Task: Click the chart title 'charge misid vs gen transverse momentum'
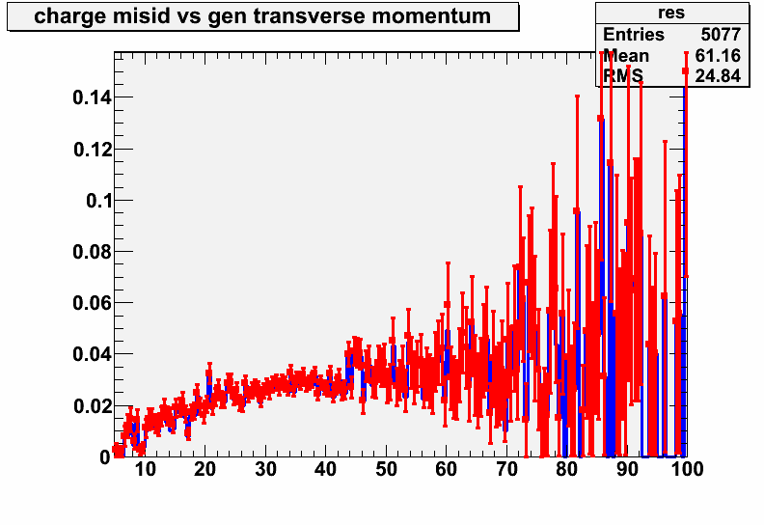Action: tap(262, 16)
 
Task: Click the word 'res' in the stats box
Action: tap(671, 13)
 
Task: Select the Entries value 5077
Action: tap(721, 35)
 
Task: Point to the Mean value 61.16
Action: tap(718, 56)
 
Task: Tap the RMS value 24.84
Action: tap(718, 76)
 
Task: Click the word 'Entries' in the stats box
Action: tap(634, 35)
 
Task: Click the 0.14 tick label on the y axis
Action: tap(93, 98)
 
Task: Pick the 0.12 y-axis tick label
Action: tap(93, 150)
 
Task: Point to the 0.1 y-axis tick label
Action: tap(99, 201)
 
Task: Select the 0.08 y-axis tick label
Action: tap(93, 252)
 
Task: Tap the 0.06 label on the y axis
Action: tap(93, 303)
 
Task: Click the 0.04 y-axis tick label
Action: tap(93, 354)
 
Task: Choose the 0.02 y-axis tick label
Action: tap(93, 406)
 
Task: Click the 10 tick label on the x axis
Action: tap(145, 469)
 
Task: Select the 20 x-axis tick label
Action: tap(205, 469)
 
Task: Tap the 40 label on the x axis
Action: tap(325, 469)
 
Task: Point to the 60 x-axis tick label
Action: tap(446, 469)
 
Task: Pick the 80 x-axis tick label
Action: tap(566, 469)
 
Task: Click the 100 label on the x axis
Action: tap(687, 469)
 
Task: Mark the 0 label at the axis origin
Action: tap(106, 457)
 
